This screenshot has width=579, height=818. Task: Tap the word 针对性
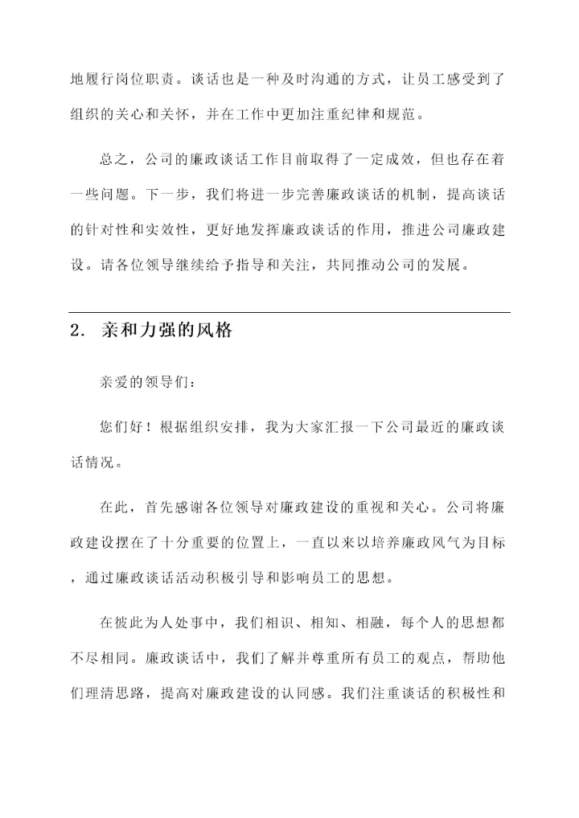point(108,229)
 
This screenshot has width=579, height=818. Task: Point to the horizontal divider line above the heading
point(289,312)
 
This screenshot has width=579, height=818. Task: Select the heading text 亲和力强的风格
point(166,331)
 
